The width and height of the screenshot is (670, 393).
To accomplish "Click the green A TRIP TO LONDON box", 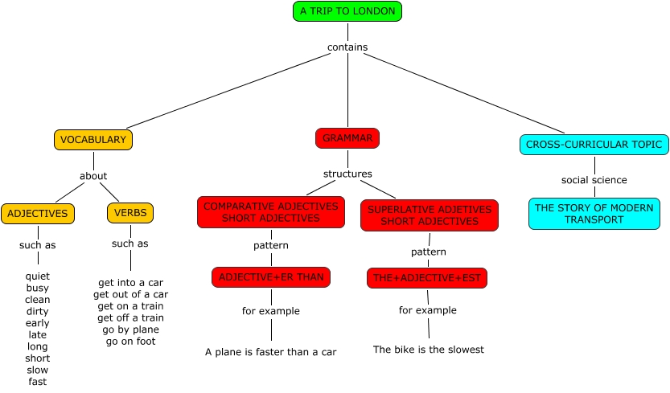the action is click(347, 11).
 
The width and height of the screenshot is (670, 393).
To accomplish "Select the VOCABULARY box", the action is click(93, 140).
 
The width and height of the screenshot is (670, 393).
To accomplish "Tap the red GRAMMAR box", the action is click(347, 138).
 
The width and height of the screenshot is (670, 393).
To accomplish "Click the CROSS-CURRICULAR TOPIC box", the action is click(594, 145).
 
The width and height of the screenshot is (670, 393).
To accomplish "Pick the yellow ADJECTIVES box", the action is click(38, 214).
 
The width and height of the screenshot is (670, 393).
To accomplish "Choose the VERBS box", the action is click(130, 213).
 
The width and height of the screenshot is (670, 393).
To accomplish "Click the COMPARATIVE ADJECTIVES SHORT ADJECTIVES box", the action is click(271, 212).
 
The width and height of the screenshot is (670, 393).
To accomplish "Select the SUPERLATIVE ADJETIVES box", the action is click(430, 215).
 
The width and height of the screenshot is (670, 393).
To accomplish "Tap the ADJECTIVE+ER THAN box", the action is click(271, 277).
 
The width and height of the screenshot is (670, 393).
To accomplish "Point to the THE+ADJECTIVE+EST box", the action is click(427, 278).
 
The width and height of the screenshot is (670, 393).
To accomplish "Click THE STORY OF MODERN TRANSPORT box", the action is click(594, 214).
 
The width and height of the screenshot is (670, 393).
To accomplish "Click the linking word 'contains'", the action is click(347, 47).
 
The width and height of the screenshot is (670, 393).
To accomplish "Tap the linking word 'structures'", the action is click(347, 174).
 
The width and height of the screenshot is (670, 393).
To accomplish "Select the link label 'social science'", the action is click(594, 180).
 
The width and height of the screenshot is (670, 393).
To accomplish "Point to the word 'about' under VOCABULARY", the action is click(93, 176).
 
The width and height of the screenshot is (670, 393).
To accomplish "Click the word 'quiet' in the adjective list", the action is click(38, 276).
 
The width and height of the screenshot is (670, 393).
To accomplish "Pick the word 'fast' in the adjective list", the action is click(38, 382).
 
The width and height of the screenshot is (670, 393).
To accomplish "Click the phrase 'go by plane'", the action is click(131, 330).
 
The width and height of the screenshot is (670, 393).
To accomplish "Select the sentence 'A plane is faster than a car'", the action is click(270, 352).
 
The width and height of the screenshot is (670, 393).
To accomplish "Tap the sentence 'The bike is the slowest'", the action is click(428, 350).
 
